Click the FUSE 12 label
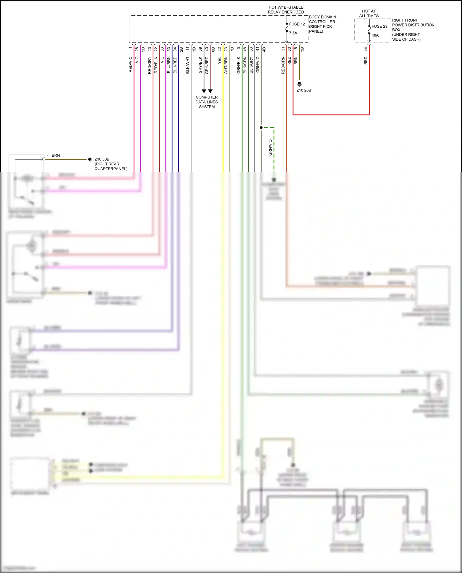[297, 24]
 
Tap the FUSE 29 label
[379, 26]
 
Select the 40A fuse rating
[375, 35]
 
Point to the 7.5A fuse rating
[293, 33]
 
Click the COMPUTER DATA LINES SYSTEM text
[207, 102]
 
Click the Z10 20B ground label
[304, 90]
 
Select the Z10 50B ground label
[102, 159]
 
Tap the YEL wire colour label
[220, 60]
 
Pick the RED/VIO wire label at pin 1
[130, 64]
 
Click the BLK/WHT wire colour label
[188, 65]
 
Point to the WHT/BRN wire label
[226, 65]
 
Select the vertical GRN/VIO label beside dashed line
[270, 147]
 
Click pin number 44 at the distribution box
[366, 49]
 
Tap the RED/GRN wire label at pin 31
[283, 65]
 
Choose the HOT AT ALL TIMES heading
[369, 14]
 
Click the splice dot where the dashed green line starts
[261, 127]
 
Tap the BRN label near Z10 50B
[56, 155]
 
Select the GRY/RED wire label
[207, 65]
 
